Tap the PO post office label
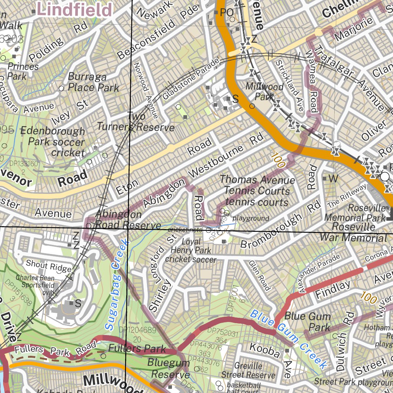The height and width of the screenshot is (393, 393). [227, 13]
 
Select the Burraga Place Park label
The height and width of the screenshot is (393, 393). [94, 82]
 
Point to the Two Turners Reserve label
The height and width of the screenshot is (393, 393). [136, 122]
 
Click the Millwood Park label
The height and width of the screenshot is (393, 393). [264, 91]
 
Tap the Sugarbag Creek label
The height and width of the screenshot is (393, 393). [117, 284]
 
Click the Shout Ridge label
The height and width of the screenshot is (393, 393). [48, 266]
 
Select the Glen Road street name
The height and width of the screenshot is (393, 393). [259, 275]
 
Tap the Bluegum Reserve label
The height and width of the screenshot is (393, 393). [168, 368]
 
